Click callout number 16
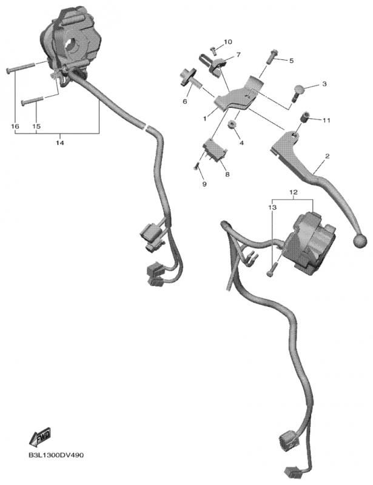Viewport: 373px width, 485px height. point(15,126)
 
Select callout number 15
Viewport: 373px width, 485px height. point(36,126)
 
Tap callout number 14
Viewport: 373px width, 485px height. point(59,142)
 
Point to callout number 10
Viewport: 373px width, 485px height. point(228,42)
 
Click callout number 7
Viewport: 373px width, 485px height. point(238,55)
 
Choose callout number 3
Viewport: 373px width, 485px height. point(324,84)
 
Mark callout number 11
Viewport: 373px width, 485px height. point(326,121)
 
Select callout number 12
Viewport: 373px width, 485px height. point(294,193)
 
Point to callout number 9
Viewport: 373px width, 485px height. point(204,184)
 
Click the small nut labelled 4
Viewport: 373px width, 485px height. point(232,125)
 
